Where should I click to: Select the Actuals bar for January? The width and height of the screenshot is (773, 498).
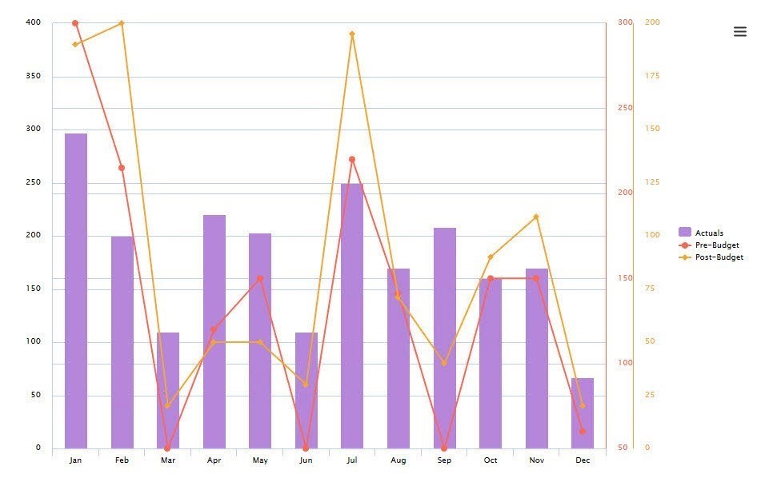click(75, 291)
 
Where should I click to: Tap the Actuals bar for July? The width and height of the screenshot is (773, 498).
click(352, 316)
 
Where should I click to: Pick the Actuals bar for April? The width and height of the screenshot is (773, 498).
click(214, 332)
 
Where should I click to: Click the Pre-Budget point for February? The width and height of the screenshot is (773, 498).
click(122, 168)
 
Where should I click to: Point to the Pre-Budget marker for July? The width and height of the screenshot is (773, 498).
click(352, 159)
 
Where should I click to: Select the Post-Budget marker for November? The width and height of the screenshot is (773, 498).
click(536, 217)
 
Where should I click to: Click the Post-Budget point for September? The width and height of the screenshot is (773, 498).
click(444, 363)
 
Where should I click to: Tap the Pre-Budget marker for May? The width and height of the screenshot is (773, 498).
click(260, 278)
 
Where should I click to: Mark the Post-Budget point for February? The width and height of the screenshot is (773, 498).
click(122, 23)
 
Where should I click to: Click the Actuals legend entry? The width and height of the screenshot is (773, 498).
click(708, 233)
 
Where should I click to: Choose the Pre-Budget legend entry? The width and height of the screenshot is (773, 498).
click(716, 245)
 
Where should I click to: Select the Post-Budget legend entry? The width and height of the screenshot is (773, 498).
click(719, 257)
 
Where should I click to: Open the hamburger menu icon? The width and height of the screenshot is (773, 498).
click(740, 32)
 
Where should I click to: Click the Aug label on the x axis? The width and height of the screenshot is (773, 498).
click(399, 460)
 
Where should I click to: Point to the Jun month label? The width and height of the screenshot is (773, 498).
click(306, 460)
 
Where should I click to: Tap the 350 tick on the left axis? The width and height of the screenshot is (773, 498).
click(33, 76)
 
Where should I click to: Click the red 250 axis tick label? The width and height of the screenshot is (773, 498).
click(625, 108)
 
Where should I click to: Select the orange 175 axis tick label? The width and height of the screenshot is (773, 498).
click(652, 76)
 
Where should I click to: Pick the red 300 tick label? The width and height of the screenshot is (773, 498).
click(625, 22)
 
